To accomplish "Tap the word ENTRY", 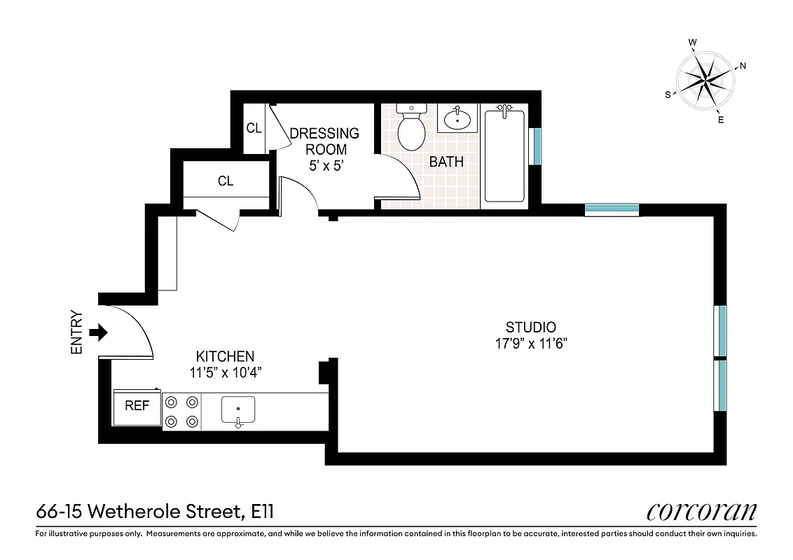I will [77, 332].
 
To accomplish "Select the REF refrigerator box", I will [137, 406].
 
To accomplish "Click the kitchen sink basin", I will [238, 409].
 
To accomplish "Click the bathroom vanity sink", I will [458, 118].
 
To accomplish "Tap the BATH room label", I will [446, 162].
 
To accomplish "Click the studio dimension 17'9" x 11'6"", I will [531, 343].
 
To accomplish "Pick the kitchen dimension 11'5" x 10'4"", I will [226, 372].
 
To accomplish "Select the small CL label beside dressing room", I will [254, 128].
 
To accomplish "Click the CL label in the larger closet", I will [226, 181].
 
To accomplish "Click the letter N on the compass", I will [743, 66].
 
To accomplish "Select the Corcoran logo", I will [701, 512].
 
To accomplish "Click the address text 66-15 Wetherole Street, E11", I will [154, 512].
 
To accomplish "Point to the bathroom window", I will [536, 146].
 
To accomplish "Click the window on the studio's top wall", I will [612, 209].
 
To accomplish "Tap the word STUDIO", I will [531, 327].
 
